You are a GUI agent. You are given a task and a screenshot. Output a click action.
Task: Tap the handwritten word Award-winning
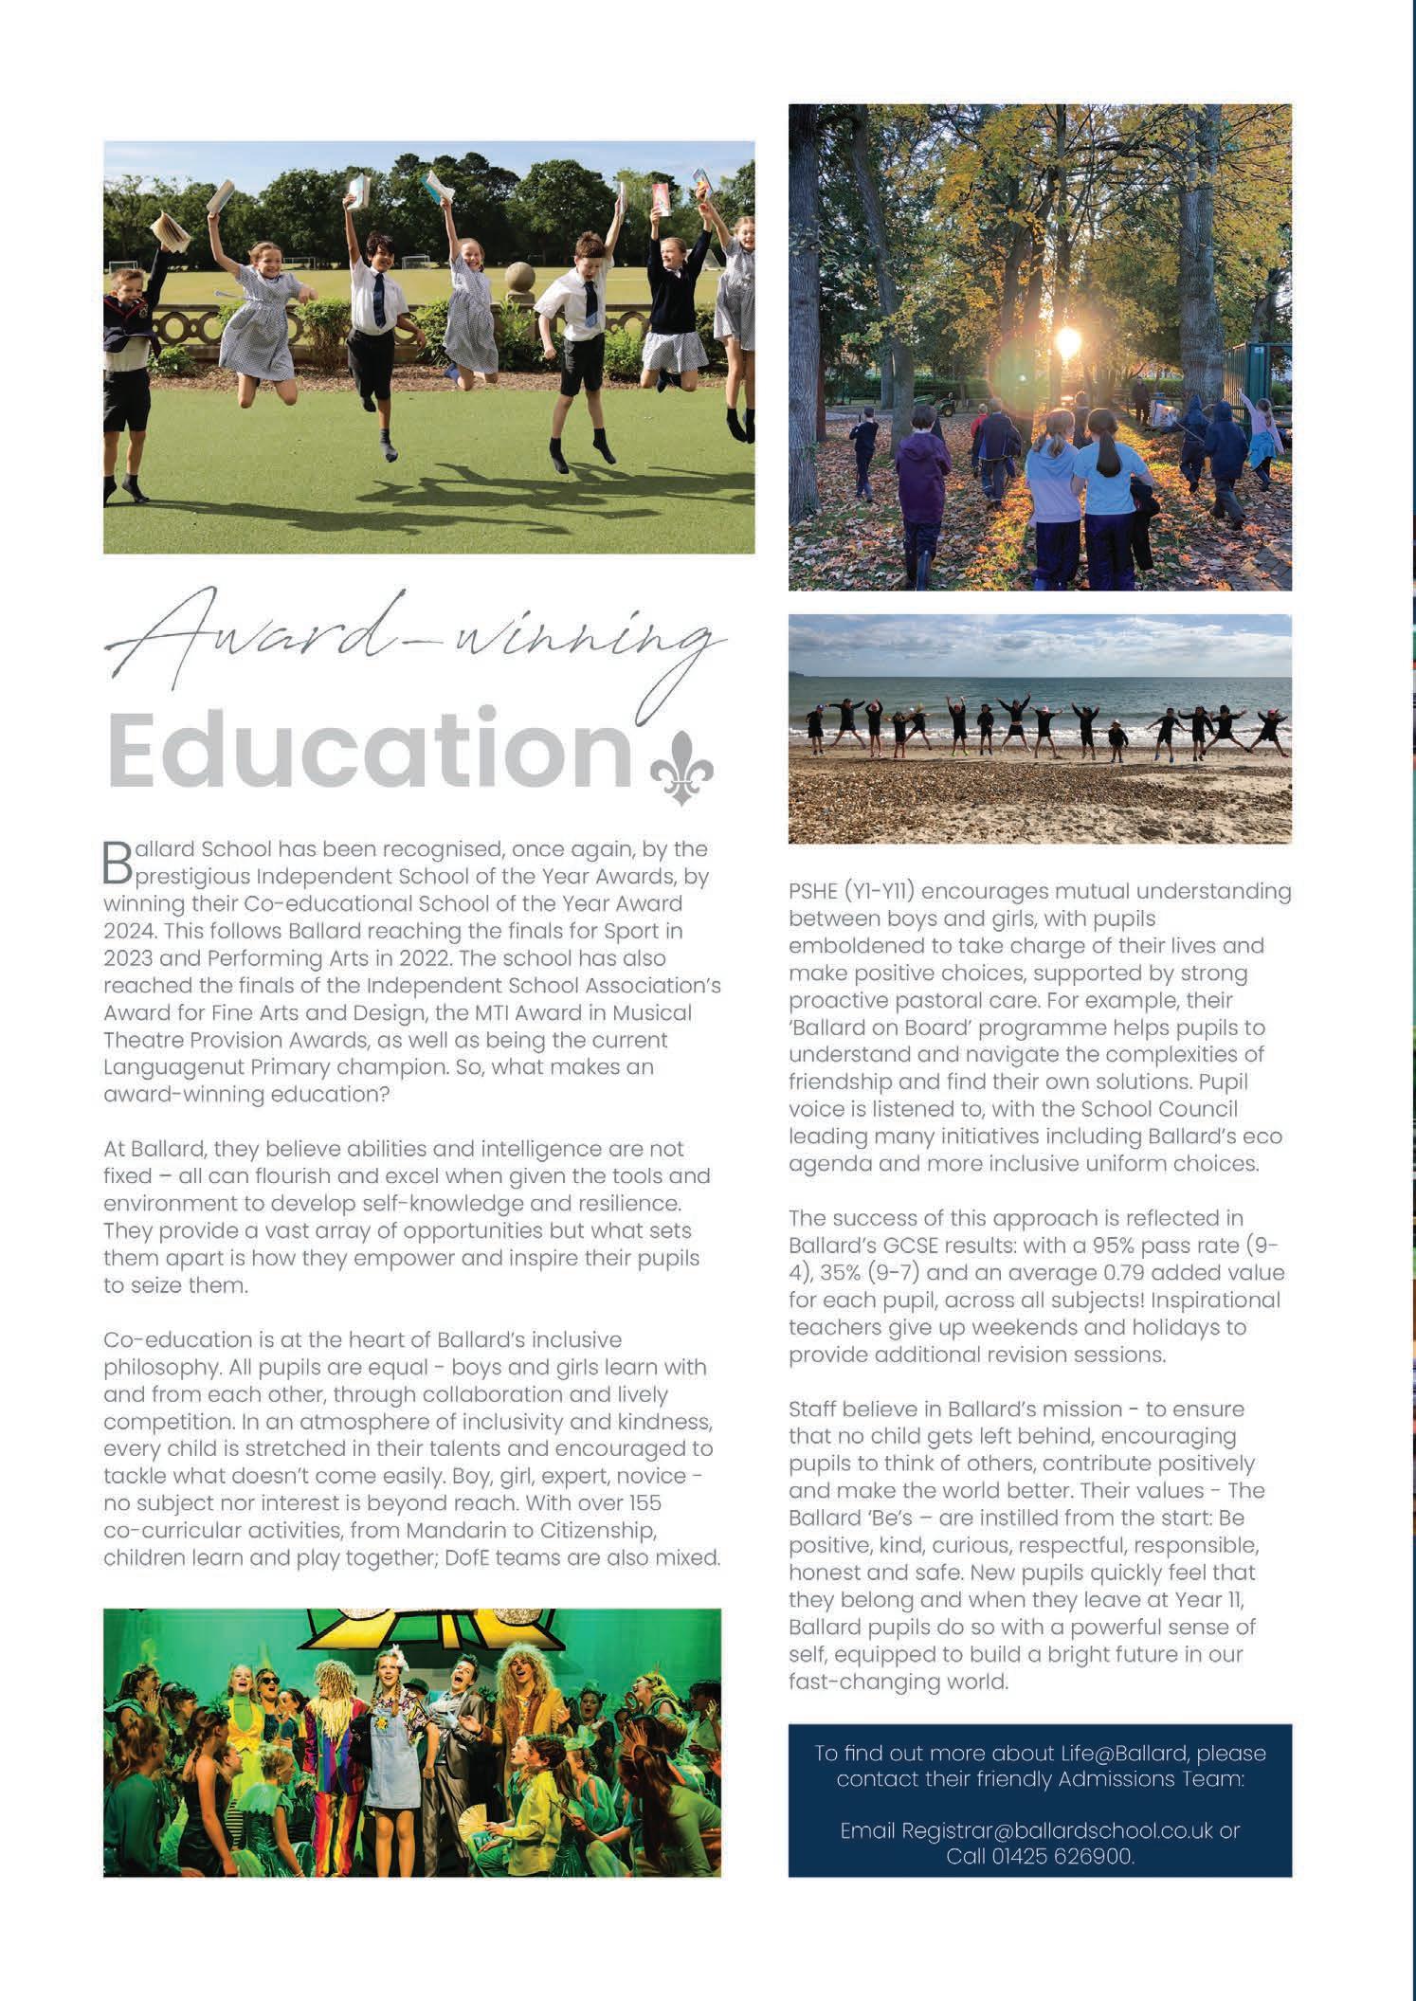tap(417, 645)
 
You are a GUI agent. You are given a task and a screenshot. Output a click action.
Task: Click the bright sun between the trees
tap(1069, 340)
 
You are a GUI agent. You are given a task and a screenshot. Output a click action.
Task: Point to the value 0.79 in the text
tap(1111, 1272)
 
